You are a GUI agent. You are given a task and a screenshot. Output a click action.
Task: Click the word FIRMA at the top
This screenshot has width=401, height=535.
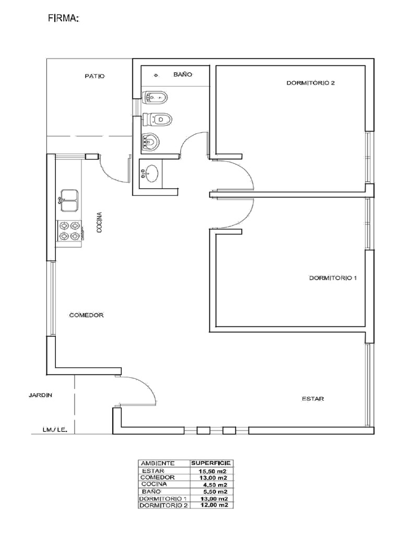click(x=63, y=19)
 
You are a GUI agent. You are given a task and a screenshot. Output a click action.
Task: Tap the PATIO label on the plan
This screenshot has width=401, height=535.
click(x=95, y=76)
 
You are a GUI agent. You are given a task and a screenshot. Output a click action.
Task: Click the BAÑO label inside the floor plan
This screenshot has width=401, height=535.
click(x=183, y=75)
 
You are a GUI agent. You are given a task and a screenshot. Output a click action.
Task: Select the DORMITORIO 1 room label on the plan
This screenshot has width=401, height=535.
click(x=333, y=278)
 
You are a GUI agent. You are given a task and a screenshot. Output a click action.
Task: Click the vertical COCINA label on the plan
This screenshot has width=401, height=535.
click(x=99, y=223)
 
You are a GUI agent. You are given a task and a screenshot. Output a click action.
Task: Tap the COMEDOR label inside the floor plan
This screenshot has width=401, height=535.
click(x=87, y=316)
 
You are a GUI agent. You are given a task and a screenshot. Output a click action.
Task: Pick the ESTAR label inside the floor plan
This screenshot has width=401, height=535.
click(x=313, y=399)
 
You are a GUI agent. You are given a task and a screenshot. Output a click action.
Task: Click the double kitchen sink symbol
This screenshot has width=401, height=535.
click(x=69, y=200)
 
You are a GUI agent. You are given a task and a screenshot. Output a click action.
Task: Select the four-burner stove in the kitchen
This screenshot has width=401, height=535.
click(x=69, y=231)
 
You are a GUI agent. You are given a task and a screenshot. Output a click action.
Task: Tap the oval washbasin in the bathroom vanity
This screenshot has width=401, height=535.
click(x=152, y=173)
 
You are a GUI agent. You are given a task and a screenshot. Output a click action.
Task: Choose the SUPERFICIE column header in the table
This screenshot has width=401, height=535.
click(x=211, y=463)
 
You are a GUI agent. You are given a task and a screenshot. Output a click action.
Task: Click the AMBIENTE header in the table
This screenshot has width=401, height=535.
click(x=158, y=463)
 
